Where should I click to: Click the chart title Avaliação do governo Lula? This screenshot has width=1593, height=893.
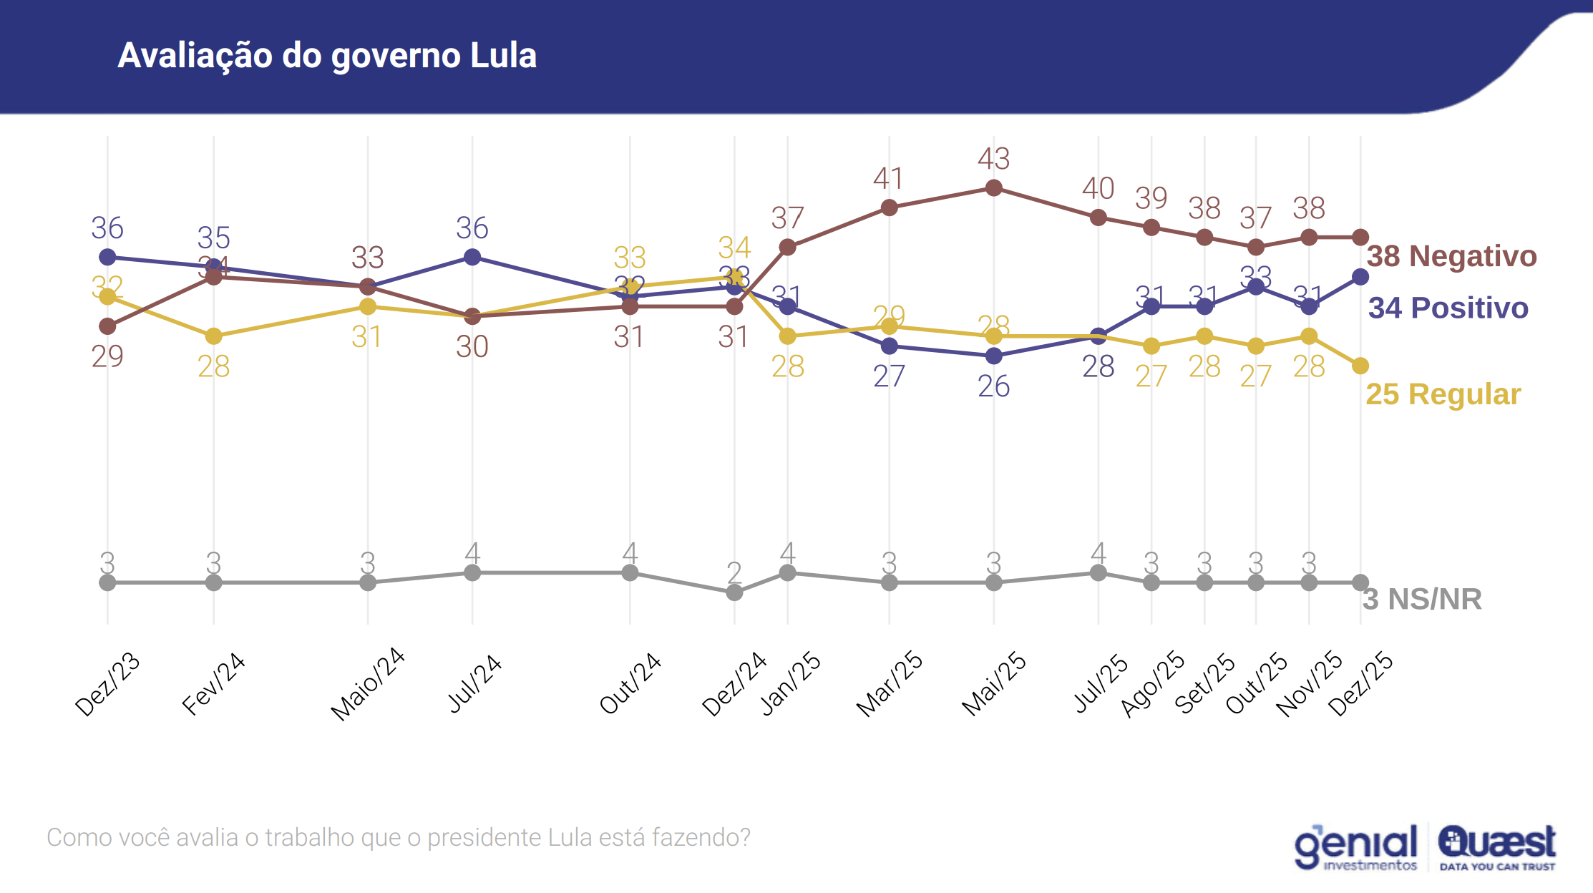tap(327, 56)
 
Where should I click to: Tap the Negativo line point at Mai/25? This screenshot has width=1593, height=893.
tap(993, 188)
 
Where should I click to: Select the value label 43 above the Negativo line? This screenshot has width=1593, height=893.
tap(993, 159)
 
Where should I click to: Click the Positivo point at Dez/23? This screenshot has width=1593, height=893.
tap(107, 257)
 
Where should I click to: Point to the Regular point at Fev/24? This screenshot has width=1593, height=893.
tap(213, 336)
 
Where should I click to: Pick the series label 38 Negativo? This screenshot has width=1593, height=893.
tap(1451, 256)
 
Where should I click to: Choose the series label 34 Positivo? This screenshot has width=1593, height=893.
tap(1448, 308)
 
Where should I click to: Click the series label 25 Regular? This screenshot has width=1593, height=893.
tap(1443, 394)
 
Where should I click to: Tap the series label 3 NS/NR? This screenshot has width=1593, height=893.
tap(1421, 599)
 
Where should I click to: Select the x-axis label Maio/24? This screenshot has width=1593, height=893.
tap(367, 684)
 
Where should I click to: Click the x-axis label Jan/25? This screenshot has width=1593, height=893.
tap(790, 683)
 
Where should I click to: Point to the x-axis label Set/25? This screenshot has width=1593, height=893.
tap(1205, 683)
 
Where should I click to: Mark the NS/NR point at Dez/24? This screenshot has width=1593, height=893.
tap(734, 592)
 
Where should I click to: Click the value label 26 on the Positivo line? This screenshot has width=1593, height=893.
tap(993, 386)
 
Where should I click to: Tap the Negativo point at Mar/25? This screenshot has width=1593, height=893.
tap(889, 208)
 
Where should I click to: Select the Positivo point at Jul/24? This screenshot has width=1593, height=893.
tap(472, 257)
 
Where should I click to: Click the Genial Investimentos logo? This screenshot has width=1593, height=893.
tap(1355, 848)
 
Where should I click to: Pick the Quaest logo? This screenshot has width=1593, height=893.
tap(1496, 848)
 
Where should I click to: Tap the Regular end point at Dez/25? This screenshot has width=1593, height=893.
tap(1360, 366)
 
